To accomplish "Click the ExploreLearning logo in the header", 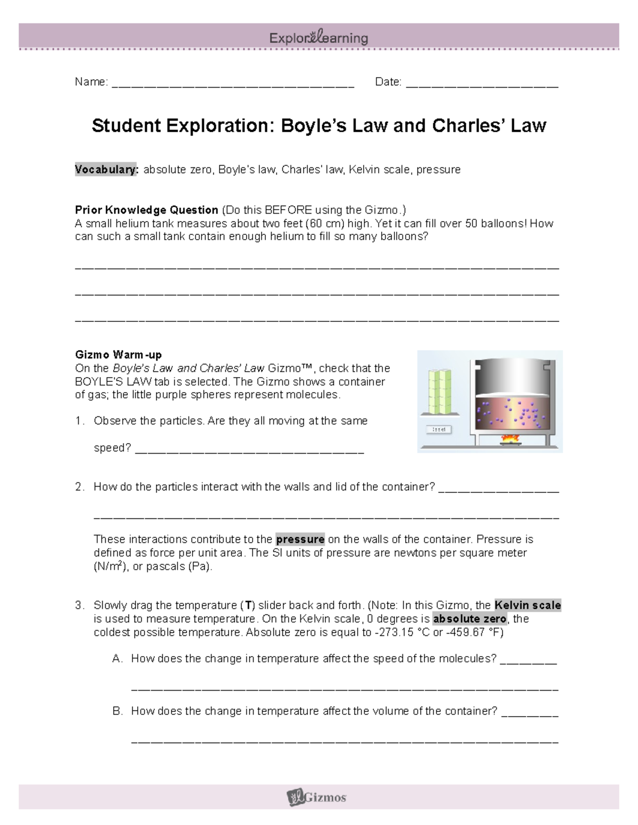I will pos(318,38).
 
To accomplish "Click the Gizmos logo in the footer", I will pos(317,797).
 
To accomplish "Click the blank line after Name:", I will pos(233,83).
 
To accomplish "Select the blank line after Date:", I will pos(482,83).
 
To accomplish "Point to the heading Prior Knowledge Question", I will pos(147,210).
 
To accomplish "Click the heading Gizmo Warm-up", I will pos(119,354).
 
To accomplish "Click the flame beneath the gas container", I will pos(509,438).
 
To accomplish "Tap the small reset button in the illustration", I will pos(439,429).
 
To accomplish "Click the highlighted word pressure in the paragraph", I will pos(300,539).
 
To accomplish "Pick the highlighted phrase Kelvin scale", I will pos(527,605).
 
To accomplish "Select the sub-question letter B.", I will pos(117,711).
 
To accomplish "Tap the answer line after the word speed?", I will pos(249,449).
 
